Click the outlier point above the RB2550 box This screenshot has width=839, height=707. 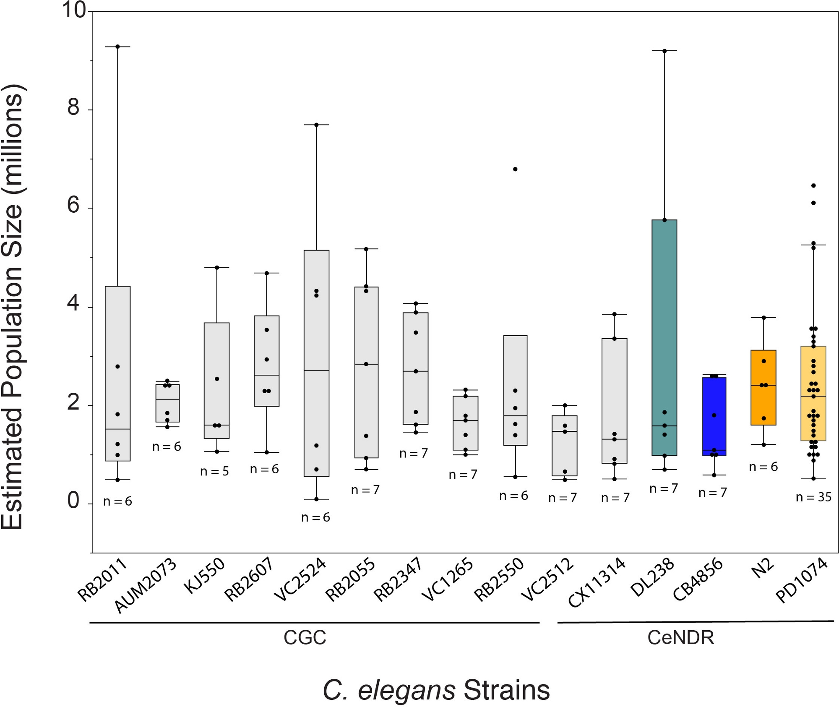click(515, 169)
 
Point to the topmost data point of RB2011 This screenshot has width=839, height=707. click(117, 47)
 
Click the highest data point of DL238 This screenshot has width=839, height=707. click(664, 51)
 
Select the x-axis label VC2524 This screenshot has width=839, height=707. click(300, 579)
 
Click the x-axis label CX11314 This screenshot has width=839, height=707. click(597, 582)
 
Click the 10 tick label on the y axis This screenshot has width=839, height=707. click(74, 10)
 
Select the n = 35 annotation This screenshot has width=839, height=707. click(813, 497)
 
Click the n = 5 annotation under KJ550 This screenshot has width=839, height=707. click(214, 471)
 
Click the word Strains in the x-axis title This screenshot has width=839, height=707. click(506, 690)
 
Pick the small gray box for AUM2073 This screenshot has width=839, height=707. click(167, 403)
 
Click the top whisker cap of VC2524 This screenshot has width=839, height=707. click(316, 125)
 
